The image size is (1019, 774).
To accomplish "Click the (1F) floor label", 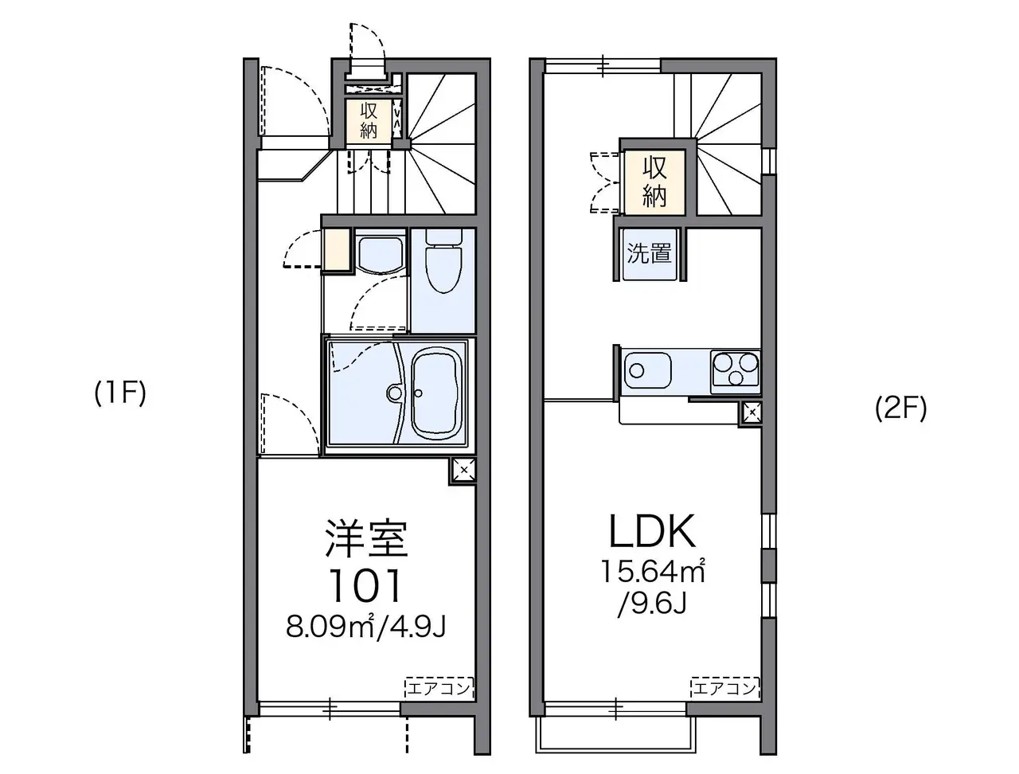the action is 121,393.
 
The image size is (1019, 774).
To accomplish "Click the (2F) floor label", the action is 900,408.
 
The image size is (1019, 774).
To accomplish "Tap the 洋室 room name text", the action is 366,538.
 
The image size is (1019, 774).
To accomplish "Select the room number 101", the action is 365,585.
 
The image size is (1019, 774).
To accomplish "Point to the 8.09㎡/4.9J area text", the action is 366,627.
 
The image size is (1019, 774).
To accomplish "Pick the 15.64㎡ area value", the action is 653,572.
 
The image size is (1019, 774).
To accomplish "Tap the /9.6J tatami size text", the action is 652,604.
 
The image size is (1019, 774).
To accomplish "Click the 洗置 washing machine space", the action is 650,254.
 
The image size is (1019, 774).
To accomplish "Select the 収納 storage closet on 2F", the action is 654,182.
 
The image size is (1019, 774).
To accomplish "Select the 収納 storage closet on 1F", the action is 369,121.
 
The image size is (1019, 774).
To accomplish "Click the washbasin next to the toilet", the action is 381,255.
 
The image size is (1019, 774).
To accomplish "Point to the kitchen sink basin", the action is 647,370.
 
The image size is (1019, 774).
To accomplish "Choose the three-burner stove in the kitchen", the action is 736,371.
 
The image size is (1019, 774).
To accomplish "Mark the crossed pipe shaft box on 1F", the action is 463,471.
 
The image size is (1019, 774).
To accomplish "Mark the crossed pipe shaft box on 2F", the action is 751,412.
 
